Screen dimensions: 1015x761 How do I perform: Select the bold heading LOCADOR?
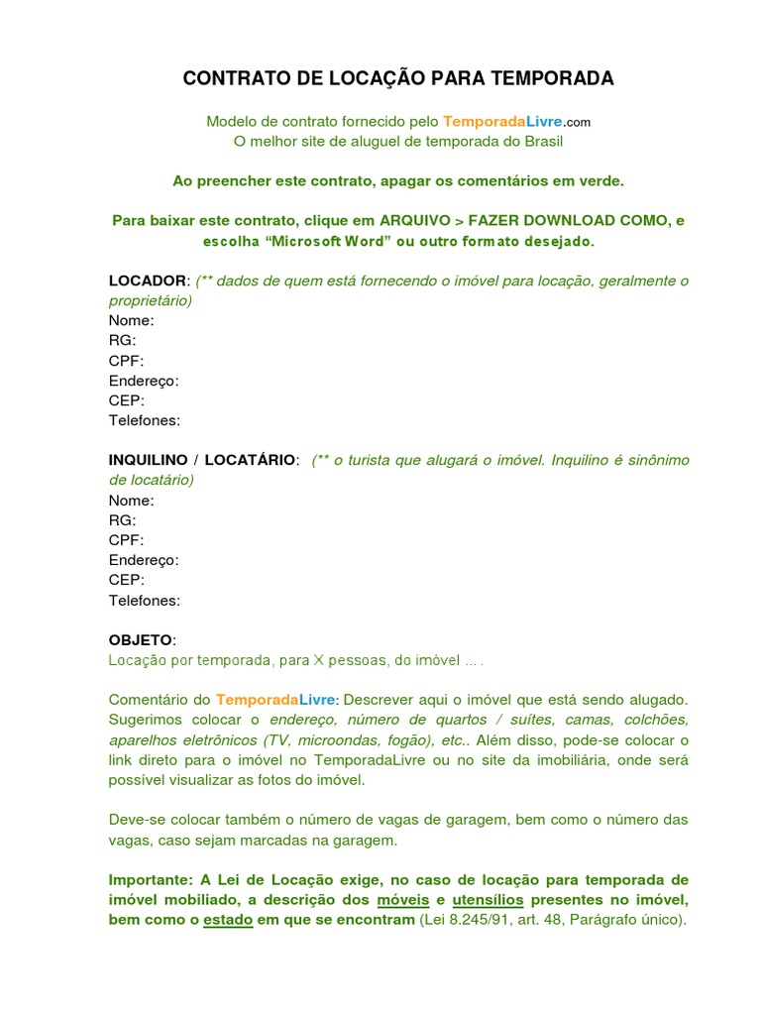(x=147, y=281)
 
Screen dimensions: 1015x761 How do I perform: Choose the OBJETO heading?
(x=140, y=640)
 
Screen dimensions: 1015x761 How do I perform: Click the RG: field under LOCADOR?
(x=122, y=341)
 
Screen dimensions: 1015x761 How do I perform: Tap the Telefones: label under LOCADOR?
(x=144, y=420)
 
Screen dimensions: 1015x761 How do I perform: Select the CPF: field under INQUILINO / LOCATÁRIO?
(x=126, y=540)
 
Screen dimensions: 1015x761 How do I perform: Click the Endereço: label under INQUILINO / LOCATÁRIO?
(x=143, y=560)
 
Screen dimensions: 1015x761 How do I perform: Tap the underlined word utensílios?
(x=487, y=900)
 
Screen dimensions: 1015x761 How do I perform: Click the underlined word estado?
(x=228, y=920)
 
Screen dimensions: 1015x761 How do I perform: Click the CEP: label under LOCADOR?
(x=126, y=400)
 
